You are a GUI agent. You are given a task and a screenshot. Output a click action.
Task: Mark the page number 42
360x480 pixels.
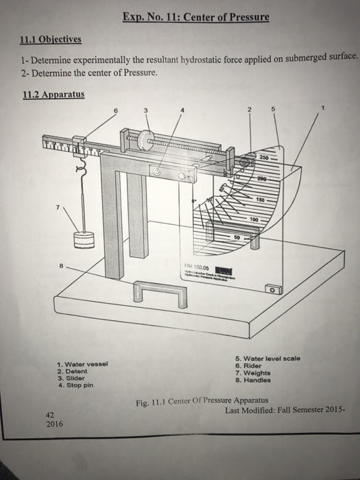49,415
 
